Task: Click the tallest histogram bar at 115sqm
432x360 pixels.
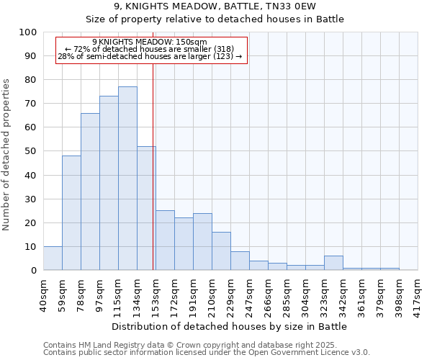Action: pyautogui.click(x=127, y=179)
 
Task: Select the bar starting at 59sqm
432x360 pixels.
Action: pyautogui.click(x=71, y=213)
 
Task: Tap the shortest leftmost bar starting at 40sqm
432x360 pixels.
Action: pyautogui.click(x=53, y=258)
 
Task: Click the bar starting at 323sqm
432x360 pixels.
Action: pyautogui.click(x=333, y=263)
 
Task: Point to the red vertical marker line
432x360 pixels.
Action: pyautogui.click(x=153, y=166)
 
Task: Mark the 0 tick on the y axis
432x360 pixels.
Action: pyautogui.click(x=33, y=270)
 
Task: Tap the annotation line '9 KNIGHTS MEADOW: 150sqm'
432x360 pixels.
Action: pyautogui.click(x=150, y=42)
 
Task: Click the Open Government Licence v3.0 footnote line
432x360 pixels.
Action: pyautogui.click(x=207, y=352)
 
